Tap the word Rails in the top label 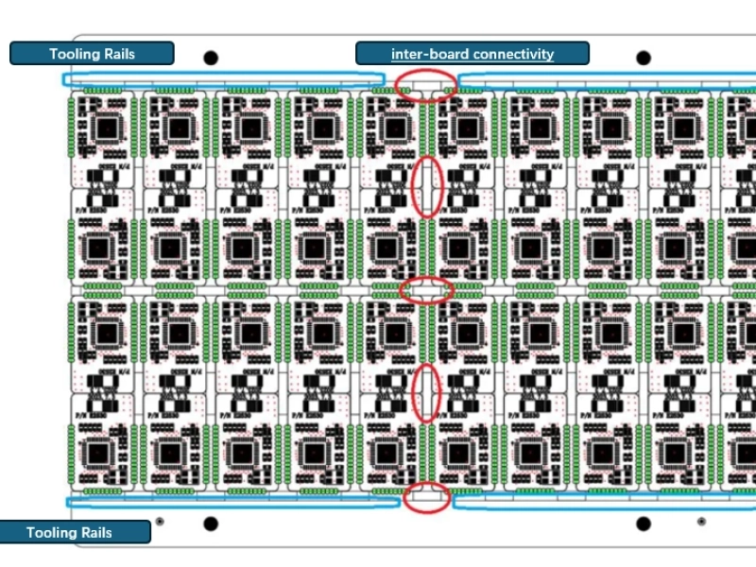[117, 54]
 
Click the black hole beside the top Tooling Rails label [211, 59]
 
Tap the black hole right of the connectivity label [644, 59]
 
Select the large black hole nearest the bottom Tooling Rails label [211, 524]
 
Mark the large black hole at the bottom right [644, 524]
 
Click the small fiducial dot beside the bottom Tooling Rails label [160, 521]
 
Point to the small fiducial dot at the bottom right [701, 521]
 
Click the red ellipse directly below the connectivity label [426, 85]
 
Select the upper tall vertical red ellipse [428, 186]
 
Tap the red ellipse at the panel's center [426, 289]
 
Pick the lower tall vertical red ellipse [427, 392]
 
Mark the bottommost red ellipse [427, 497]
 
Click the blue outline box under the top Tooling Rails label [223, 80]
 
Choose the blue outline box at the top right [605, 80]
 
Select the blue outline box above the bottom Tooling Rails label [232, 501]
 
